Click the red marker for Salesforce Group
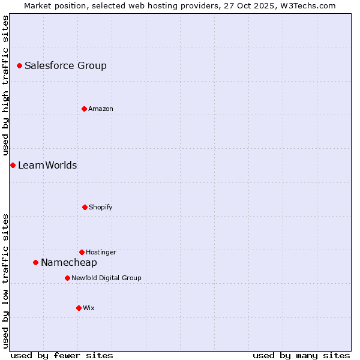[19, 65]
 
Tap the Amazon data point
[84, 109]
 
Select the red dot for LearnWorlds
[13, 165]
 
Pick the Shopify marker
[85, 207]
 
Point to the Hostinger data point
[82, 252]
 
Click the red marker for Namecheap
[35, 262]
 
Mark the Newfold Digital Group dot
[67, 278]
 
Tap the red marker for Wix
[79, 308]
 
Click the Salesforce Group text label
[65, 65]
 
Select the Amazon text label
[101, 109]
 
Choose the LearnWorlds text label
[47, 165]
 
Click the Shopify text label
[101, 207]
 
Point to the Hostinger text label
[101, 252]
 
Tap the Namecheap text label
[69, 262]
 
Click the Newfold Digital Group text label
[106, 278]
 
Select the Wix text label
[89, 308]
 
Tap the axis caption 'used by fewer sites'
[62, 355]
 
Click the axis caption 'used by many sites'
[301, 355]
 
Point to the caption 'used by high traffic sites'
[5, 85]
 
